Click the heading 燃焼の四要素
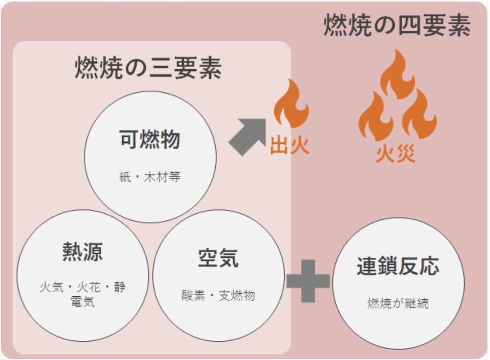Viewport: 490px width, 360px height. tap(397, 26)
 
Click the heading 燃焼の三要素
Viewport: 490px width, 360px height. tap(148, 68)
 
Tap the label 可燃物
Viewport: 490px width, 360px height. tap(150, 139)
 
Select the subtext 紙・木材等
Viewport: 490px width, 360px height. tap(150, 177)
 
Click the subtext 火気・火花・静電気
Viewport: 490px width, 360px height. tap(82, 294)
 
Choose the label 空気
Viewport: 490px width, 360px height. tap(218, 258)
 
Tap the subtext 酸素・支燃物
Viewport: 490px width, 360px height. tap(218, 295)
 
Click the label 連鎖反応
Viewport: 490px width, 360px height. tap(398, 266)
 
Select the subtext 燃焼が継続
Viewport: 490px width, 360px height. tap(398, 303)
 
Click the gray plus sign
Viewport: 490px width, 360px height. tap(308, 281)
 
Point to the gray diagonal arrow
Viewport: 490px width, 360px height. tap(247, 136)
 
